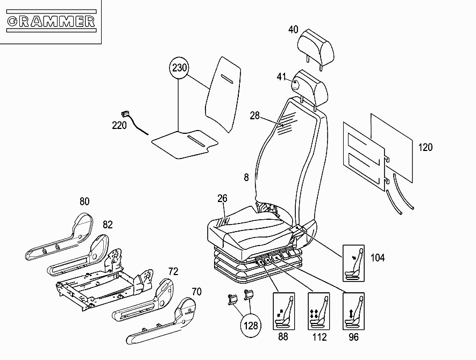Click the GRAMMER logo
click(x=51, y=21)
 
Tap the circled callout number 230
click(x=179, y=68)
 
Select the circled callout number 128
click(x=251, y=326)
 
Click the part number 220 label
click(x=119, y=125)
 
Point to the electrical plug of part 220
click(x=125, y=114)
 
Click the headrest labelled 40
click(x=316, y=48)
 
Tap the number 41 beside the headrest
click(x=281, y=77)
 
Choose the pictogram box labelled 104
click(x=353, y=263)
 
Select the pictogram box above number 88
click(x=284, y=311)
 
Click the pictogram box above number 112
click(x=319, y=311)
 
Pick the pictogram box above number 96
click(x=354, y=311)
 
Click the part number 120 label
click(x=425, y=147)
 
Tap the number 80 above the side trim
click(x=84, y=201)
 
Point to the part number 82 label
click(x=108, y=225)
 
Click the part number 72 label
click(x=173, y=271)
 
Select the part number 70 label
click(x=197, y=292)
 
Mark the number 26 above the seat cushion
click(x=222, y=198)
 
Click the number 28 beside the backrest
click(x=255, y=116)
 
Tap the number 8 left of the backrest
click(x=246, y=177)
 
